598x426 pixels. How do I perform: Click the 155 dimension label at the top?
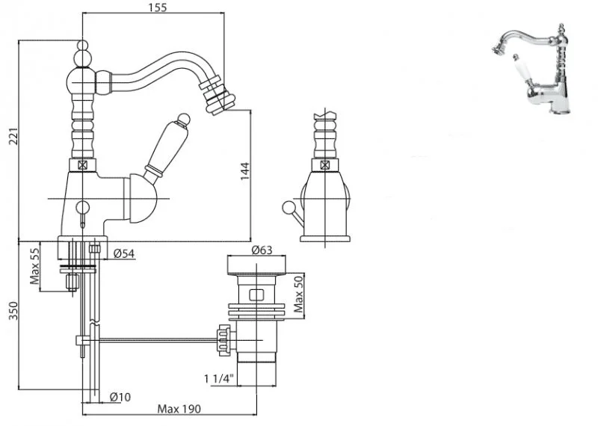(x=157, y=7)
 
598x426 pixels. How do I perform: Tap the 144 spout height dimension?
(x=244, y=171)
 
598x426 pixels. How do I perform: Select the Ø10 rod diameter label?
(x=120, y=396)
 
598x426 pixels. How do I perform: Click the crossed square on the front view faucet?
(x=324, y=165)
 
